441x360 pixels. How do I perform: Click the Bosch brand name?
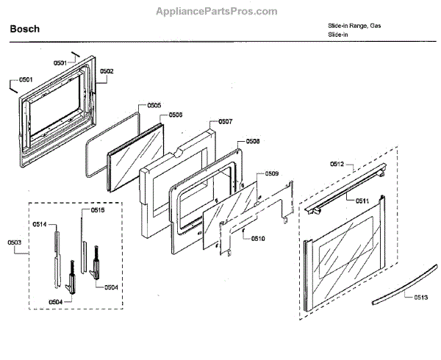(24, 29)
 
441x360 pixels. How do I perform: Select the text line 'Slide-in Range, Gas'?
(354, 26)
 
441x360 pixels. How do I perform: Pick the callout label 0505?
(154, 106)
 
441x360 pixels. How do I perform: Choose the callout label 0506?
(176, 115)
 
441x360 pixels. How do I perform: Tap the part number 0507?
(226, 122)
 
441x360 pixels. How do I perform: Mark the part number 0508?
(253, 141)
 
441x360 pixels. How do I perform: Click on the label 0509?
(271, 173)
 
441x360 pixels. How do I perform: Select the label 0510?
(257, 238)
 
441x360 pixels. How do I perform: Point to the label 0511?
(363, 200)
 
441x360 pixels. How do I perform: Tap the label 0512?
(337, 164)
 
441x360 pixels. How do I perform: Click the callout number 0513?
(420, 297)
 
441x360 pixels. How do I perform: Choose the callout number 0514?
(40, 224)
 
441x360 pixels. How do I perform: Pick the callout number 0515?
(97, 210)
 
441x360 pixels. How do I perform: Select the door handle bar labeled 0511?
(346, 195)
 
